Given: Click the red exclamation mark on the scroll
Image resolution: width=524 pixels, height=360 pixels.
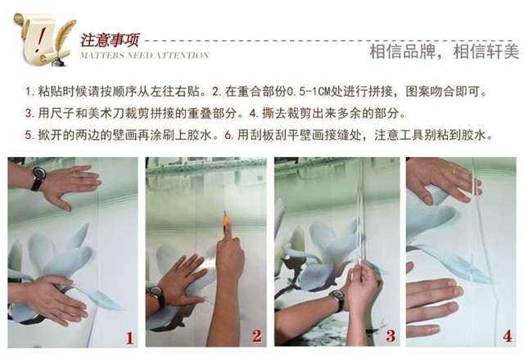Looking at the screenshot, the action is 41,38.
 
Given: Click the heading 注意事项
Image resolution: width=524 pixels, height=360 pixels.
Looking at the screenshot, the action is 109,40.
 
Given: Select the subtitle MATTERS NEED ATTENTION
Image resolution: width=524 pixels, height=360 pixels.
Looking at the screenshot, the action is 144,55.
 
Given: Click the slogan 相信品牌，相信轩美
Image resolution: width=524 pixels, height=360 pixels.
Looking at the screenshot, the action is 444,52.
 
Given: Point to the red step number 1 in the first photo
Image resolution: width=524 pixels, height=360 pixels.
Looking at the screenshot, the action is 129,338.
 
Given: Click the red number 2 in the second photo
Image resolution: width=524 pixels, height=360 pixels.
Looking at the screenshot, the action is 257,336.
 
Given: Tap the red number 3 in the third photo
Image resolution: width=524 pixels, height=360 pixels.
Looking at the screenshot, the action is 391,336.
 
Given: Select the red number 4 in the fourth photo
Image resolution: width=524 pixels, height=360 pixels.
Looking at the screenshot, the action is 508,336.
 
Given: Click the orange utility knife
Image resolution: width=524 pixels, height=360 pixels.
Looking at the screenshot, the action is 226,222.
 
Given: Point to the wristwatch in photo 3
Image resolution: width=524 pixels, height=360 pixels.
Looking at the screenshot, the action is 337,299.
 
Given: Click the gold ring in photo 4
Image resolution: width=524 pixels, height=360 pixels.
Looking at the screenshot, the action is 455,171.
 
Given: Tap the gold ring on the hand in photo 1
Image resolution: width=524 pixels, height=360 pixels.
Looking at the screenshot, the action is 75,174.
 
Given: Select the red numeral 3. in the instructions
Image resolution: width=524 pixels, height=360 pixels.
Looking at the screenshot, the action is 29,114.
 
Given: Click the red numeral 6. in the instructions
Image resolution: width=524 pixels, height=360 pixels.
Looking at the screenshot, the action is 229,136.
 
